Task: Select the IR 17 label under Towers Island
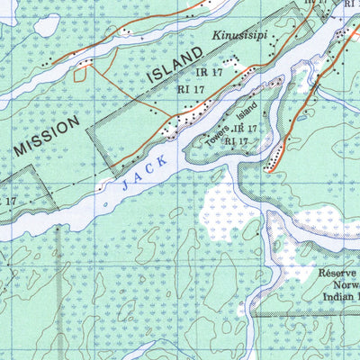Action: pos(241,130)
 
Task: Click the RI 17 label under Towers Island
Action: pos(237,141)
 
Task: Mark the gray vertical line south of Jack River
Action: pos(58,288)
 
